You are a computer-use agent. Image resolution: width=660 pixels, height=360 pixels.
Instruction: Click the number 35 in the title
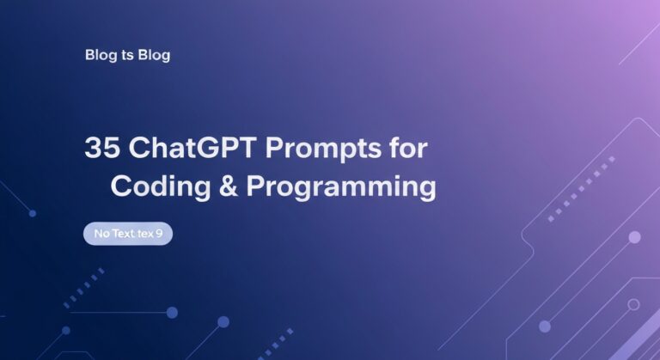[x=102, y=148]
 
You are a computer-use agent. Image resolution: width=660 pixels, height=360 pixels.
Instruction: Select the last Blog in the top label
[x=153, y=55]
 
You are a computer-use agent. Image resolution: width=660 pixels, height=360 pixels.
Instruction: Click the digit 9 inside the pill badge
[x=160, y=233]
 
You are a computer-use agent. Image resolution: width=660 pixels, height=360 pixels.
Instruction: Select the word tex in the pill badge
[x=145, y=233]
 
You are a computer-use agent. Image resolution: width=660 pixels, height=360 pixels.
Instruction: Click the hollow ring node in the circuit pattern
[x=633, y=304]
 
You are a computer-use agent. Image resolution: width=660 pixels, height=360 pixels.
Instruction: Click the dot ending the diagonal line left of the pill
[x=33, y=213]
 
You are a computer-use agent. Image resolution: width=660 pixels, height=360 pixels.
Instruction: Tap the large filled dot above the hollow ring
[x=634, y=237]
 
